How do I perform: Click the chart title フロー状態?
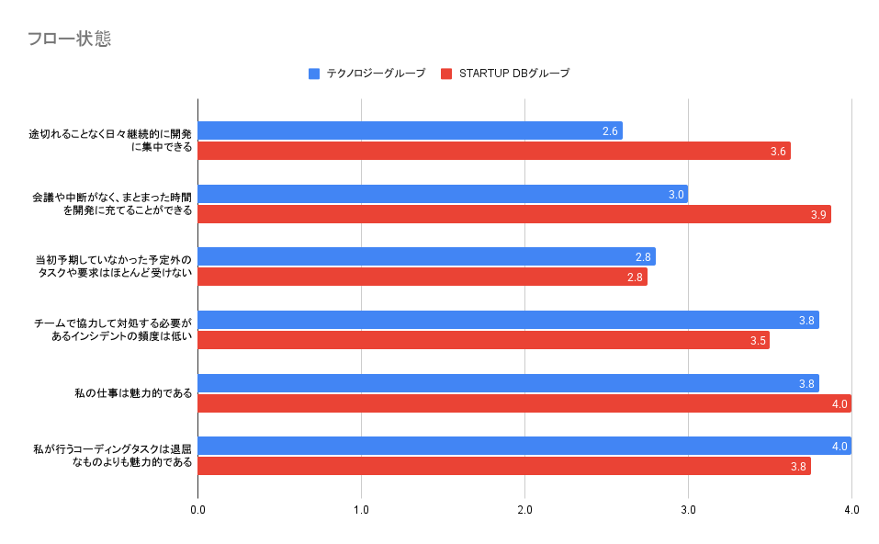[70, 39]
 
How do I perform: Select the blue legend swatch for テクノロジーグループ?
[314, 74]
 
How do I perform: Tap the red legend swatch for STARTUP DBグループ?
[446, 74]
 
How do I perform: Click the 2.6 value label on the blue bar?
[610, 131]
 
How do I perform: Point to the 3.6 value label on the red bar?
[778, 152]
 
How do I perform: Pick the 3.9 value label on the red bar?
[818, 215]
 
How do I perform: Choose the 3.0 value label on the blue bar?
[676, 195]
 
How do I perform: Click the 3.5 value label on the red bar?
[758, 341]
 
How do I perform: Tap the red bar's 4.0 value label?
[840, 403]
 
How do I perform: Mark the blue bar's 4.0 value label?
[840, 447]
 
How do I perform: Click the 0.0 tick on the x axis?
[197, 510]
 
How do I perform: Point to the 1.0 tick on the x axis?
[361, 510]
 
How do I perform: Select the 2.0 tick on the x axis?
[524, 510]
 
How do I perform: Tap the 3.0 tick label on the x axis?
[688, 510]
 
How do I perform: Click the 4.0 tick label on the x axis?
[851, 510]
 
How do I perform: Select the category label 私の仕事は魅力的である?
[133, 393]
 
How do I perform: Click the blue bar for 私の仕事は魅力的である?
[509, 383]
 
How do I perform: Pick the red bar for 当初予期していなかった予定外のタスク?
[423, 277]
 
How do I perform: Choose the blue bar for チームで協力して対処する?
[509, 320]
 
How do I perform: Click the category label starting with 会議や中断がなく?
[112, 204]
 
